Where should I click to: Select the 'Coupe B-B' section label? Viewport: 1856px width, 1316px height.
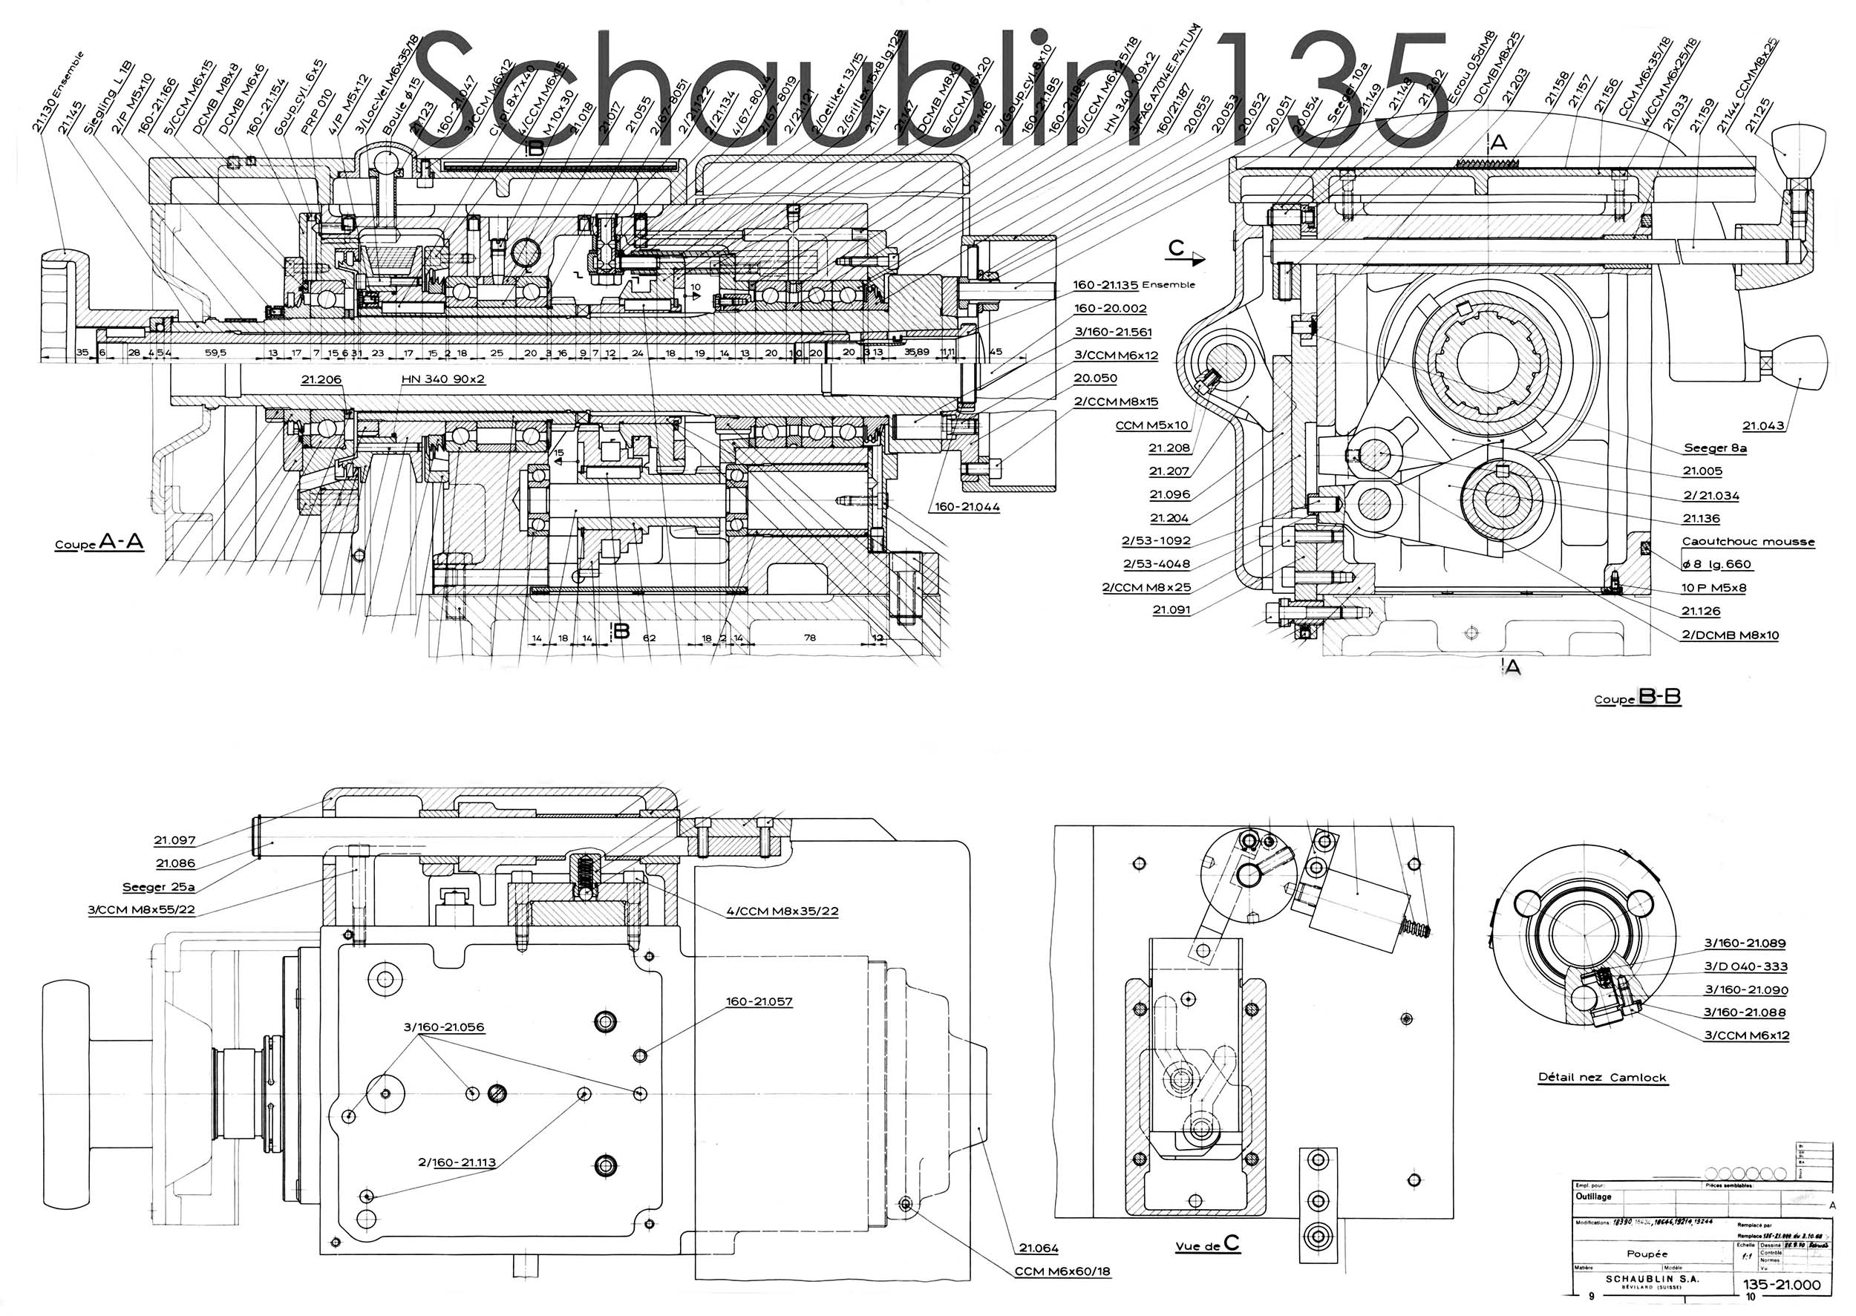(x=1637, y=698)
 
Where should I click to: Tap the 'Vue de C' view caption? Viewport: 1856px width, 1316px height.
(x=1208, y=1245)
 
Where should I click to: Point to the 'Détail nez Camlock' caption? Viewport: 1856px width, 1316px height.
(x=1602, y=1077)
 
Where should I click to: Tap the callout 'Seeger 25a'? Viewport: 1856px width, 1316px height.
(x=159, y=886)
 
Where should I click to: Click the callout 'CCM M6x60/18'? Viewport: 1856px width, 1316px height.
(x=1062, y=1271)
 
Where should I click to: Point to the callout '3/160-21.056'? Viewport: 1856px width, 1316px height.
(x=443, y=1027)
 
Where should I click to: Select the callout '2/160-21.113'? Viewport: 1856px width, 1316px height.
(x=457, y=1162)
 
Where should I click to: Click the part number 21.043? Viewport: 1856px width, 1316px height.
(x=1762, y=425)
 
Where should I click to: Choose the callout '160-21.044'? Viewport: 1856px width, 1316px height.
(x=967, y=506)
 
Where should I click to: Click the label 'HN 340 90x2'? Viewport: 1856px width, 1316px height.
(x=442, y=379)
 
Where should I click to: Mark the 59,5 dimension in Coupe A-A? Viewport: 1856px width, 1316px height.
(x=215, y=353)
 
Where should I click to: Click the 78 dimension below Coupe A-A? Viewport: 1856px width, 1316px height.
(x=810, y=638)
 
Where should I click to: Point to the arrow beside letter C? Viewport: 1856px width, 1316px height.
(x=1195, y=259)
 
